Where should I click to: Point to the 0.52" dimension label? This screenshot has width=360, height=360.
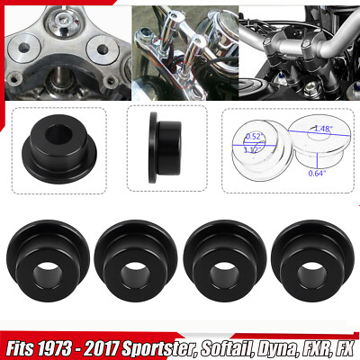pyautogui.click(x=253, y=137)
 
